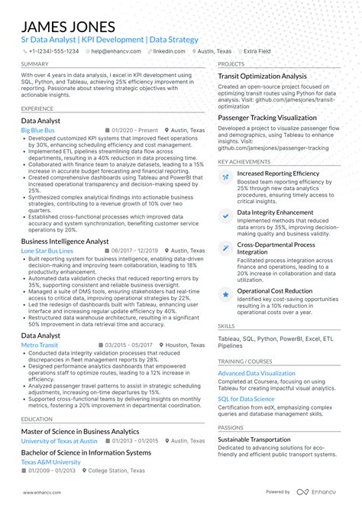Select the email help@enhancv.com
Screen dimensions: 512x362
tap(113, 51)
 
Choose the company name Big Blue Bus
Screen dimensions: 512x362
tap(37, 131)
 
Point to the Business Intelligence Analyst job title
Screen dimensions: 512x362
tap(65, 241)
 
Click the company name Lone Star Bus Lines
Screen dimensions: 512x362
tap(47, 251)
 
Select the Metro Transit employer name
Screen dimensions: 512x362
tap(39, 345)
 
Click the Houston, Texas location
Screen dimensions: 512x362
tap(186, 345)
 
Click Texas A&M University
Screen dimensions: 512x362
tap(50, 462)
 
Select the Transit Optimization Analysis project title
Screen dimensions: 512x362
tap(262, 76)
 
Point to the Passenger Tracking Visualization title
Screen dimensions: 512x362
tap(267, 118)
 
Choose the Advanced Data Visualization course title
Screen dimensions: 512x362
tap(256, 373)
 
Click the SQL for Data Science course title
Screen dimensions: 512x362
tap(246, 399)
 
